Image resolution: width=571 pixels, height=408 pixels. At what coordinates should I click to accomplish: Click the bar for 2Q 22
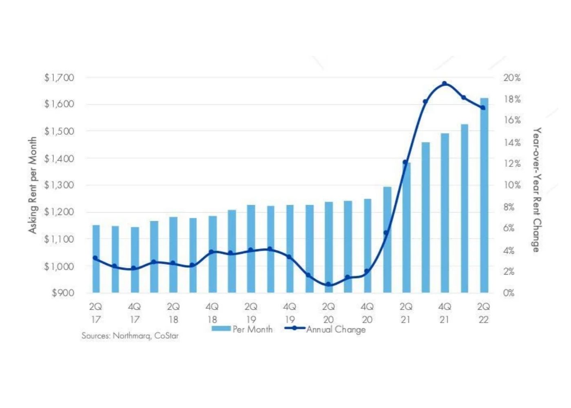484,196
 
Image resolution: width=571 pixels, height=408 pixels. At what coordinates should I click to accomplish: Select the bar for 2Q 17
96,259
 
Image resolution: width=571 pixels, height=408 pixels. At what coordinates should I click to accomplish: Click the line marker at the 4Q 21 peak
445,84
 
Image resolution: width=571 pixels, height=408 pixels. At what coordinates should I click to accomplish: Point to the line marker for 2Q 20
328,284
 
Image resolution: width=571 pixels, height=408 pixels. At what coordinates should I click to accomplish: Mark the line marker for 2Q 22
483,108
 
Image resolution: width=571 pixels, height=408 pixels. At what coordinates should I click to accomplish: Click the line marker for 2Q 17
95,258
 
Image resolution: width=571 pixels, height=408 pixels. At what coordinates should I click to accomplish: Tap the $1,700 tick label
60,78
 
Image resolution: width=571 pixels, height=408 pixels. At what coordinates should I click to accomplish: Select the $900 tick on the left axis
63,293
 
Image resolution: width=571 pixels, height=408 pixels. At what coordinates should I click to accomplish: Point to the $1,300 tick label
60,185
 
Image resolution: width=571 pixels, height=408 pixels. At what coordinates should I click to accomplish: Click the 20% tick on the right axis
512,78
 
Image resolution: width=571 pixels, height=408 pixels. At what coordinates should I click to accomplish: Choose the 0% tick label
509,293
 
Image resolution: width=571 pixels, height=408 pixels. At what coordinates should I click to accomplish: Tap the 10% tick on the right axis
512,185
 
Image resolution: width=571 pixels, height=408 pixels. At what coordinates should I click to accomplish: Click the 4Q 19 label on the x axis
290,313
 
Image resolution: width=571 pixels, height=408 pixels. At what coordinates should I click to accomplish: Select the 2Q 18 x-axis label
173,313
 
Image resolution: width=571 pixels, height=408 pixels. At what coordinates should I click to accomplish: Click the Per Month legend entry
242,329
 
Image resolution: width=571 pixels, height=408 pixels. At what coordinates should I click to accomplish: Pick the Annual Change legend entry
325,329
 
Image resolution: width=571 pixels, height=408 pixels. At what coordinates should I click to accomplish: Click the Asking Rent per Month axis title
32,185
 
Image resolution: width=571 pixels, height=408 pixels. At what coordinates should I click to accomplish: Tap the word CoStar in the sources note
166,336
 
